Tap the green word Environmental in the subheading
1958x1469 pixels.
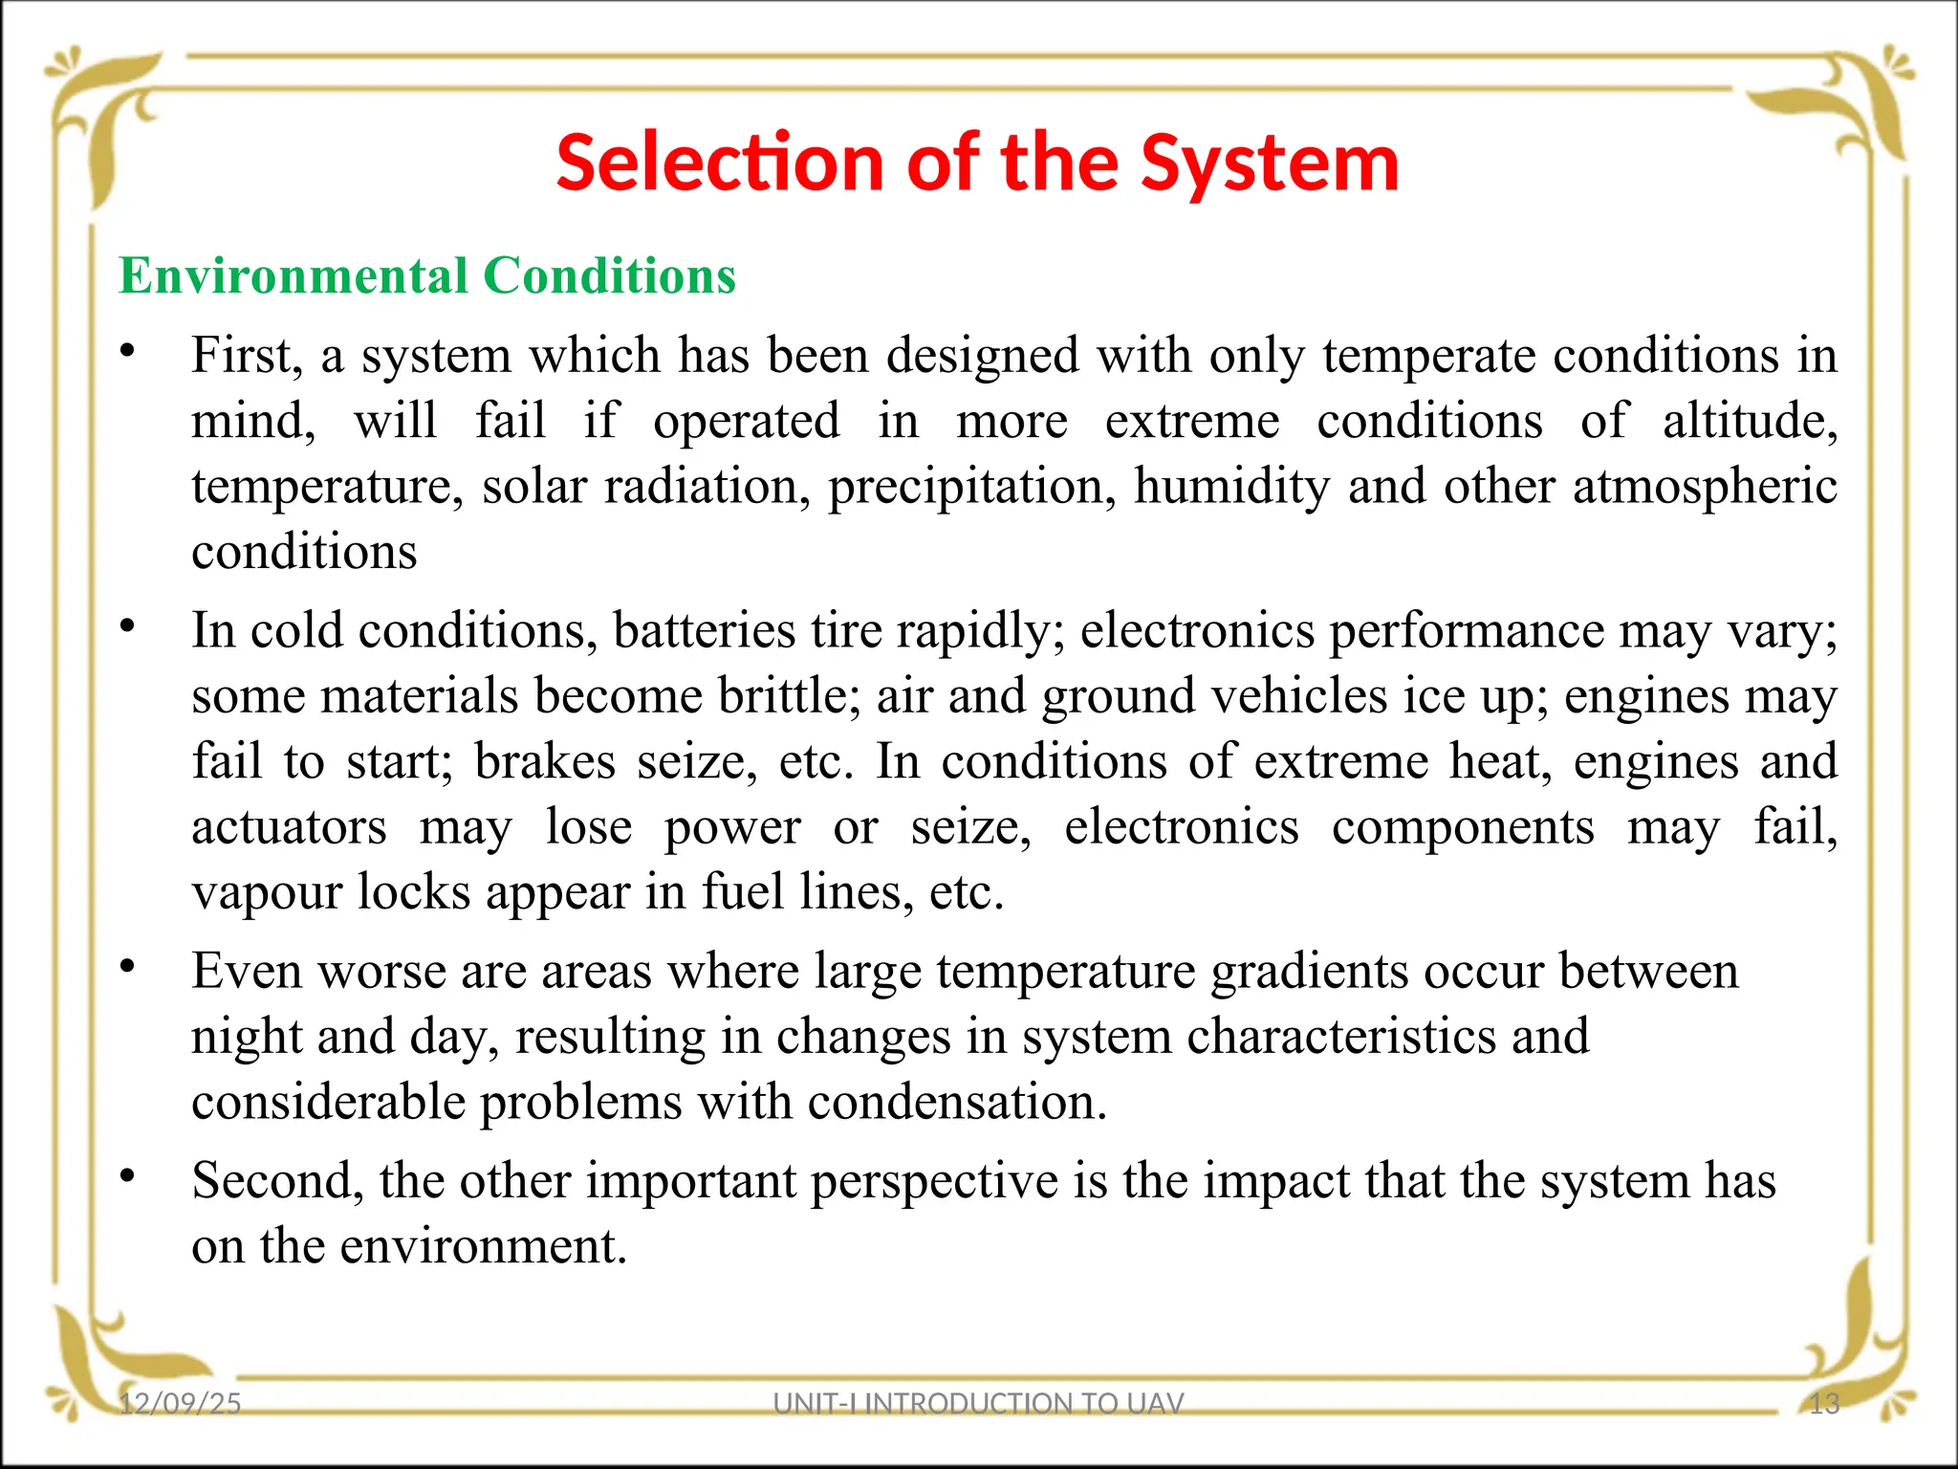click(x=292, y=276)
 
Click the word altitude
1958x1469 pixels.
click(x=1749, y=421)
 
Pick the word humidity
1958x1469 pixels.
click(x=1231, y=486)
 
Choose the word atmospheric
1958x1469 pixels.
click(x=1705, y=486)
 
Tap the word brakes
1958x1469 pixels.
click(x=545, y=761)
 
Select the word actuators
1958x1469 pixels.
click(x=289, y=826)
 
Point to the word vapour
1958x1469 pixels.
click(x=267, y=892)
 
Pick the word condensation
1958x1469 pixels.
click(x=957, y=1102)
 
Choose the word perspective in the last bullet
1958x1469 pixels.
click(x=934, y=1180)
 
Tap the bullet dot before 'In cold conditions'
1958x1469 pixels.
click(x=127, y=626)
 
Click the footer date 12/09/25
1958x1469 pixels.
click(x=180, y=1403)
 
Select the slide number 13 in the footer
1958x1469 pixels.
click(x=1824, y=1403)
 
